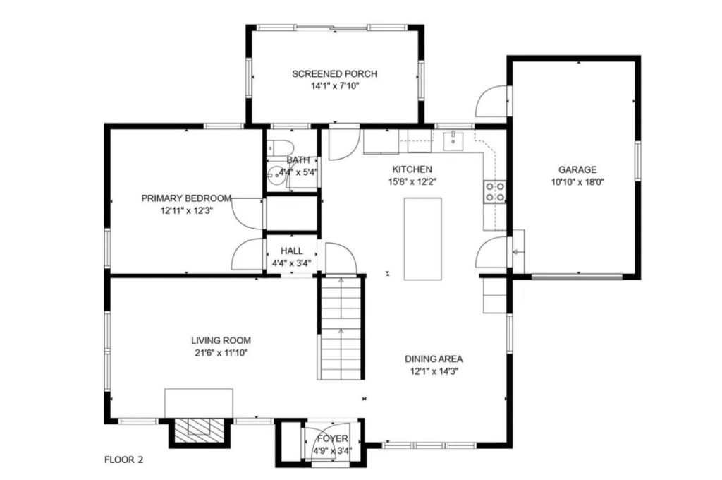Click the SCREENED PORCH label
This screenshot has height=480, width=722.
pos(335,74)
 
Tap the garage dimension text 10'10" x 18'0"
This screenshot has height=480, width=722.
pos(577,181)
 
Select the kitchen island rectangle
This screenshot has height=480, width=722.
pos(423,239)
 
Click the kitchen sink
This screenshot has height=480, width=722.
pos(453,140)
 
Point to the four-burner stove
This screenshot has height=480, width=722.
pos(494,192)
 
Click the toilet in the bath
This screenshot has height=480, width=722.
pos(281,147)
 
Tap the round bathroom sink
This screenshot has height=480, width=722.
pos(276,174)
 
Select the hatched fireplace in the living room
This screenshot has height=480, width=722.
pos(200,428)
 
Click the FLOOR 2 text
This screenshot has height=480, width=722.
pos(124,460)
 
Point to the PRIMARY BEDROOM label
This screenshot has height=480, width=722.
pos(186,198)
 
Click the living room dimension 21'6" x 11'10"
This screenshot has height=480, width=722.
pos(221,353)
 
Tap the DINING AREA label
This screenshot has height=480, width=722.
pos(434,359)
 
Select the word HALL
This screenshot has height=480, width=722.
pos(292,251)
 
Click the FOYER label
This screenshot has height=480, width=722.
pos(333,438)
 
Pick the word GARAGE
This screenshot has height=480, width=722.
pos(577,169)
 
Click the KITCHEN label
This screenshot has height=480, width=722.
pos(412,169)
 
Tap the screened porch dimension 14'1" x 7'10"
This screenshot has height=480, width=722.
pos(335,85)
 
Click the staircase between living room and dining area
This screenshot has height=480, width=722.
pos(341,328)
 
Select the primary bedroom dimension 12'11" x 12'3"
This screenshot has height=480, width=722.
pos(186,211)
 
